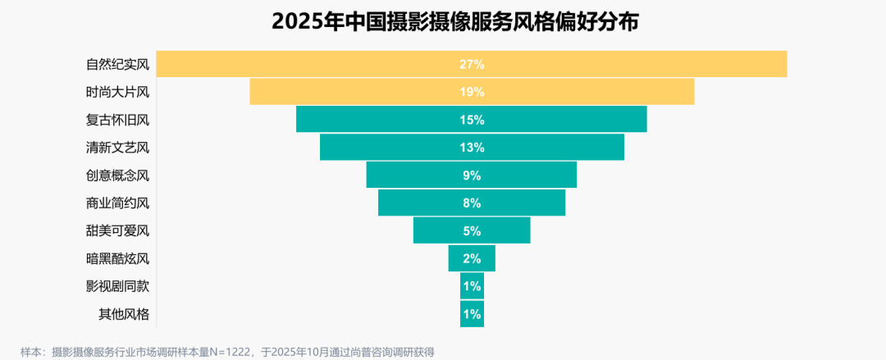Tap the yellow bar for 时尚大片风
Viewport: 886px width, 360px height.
(369, 92)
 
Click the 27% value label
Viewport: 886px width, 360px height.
(472, 64)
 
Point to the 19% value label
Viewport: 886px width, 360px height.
(472, 92)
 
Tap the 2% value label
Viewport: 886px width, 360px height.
(472, 259)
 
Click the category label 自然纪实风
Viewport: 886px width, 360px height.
(117, 64)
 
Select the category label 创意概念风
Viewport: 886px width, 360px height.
(117, 175)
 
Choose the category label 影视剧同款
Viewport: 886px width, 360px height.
(117, 286)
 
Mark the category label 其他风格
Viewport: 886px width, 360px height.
(124, 314)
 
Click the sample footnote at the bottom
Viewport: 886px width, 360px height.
(227, 352)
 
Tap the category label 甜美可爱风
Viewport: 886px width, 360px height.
(117, 231)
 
